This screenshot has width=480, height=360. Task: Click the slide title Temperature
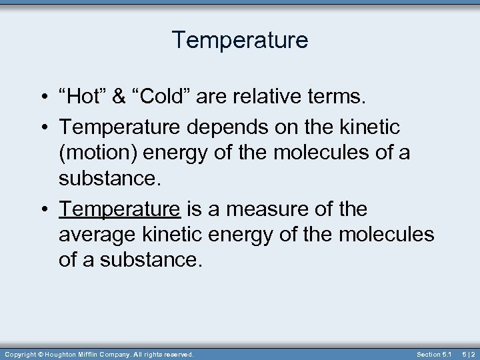point(240,40)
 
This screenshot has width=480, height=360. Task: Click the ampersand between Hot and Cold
point(119,97)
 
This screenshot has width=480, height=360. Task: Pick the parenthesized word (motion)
point(97,153)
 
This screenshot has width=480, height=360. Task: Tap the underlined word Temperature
point(119,209)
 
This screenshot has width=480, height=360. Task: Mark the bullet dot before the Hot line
point(42,98)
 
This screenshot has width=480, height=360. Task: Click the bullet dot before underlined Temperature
point(42,209)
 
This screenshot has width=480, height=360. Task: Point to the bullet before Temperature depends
point(42,126)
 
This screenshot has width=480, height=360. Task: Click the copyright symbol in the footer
point(40,354)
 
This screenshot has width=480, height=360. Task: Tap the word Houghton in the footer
point(64,354)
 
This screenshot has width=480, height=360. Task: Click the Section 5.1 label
point(434,354)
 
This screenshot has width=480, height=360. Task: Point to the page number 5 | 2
point(469,354)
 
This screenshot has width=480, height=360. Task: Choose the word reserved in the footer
point(179,354)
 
